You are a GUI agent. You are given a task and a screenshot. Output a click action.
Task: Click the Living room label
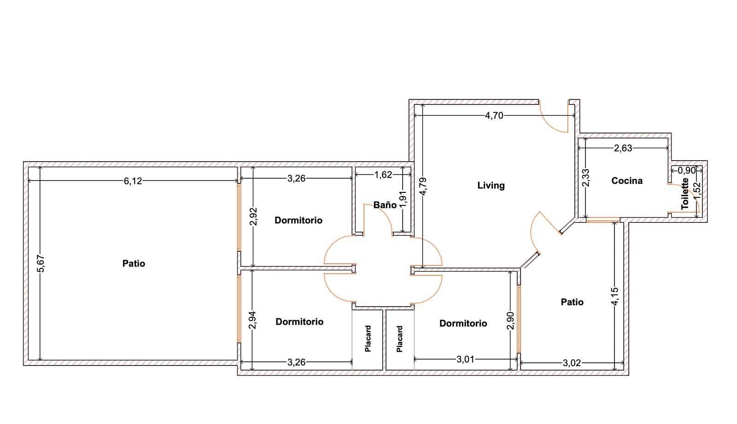coord(491,186)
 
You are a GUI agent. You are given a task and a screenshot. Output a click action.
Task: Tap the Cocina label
coord(627,180)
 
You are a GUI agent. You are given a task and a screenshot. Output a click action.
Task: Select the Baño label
coord(385,205)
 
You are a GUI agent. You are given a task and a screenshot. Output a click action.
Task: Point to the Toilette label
coord(685,194)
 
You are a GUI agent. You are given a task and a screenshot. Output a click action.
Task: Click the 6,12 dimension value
coord(133,181)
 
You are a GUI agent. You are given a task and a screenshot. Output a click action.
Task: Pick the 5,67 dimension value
coord(41,264)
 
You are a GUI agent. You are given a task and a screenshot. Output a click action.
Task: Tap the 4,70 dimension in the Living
coord(494,116)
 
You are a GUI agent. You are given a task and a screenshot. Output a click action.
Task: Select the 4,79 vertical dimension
coord(423,186)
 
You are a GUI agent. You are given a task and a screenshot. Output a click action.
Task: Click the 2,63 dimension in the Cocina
coord(623,148)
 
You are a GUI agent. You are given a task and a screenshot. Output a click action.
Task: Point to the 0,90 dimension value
coord(687,170)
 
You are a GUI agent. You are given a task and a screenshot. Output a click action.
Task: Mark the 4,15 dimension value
coord(614,296)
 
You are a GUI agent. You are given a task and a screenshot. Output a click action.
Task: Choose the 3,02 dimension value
coord(572,363)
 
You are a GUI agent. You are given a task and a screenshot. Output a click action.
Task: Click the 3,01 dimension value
coord(465,360)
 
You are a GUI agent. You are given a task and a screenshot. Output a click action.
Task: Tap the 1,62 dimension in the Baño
coord(383,174)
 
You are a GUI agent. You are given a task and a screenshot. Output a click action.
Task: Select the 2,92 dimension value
coord(253,217)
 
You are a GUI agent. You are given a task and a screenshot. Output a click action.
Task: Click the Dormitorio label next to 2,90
coord(463,323)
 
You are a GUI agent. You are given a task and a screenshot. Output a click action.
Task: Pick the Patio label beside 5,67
coord(134,263)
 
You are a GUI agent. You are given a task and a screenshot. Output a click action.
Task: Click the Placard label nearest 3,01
coord(399,339)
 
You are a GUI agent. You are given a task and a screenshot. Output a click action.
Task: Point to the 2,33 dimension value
coord(585,178)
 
